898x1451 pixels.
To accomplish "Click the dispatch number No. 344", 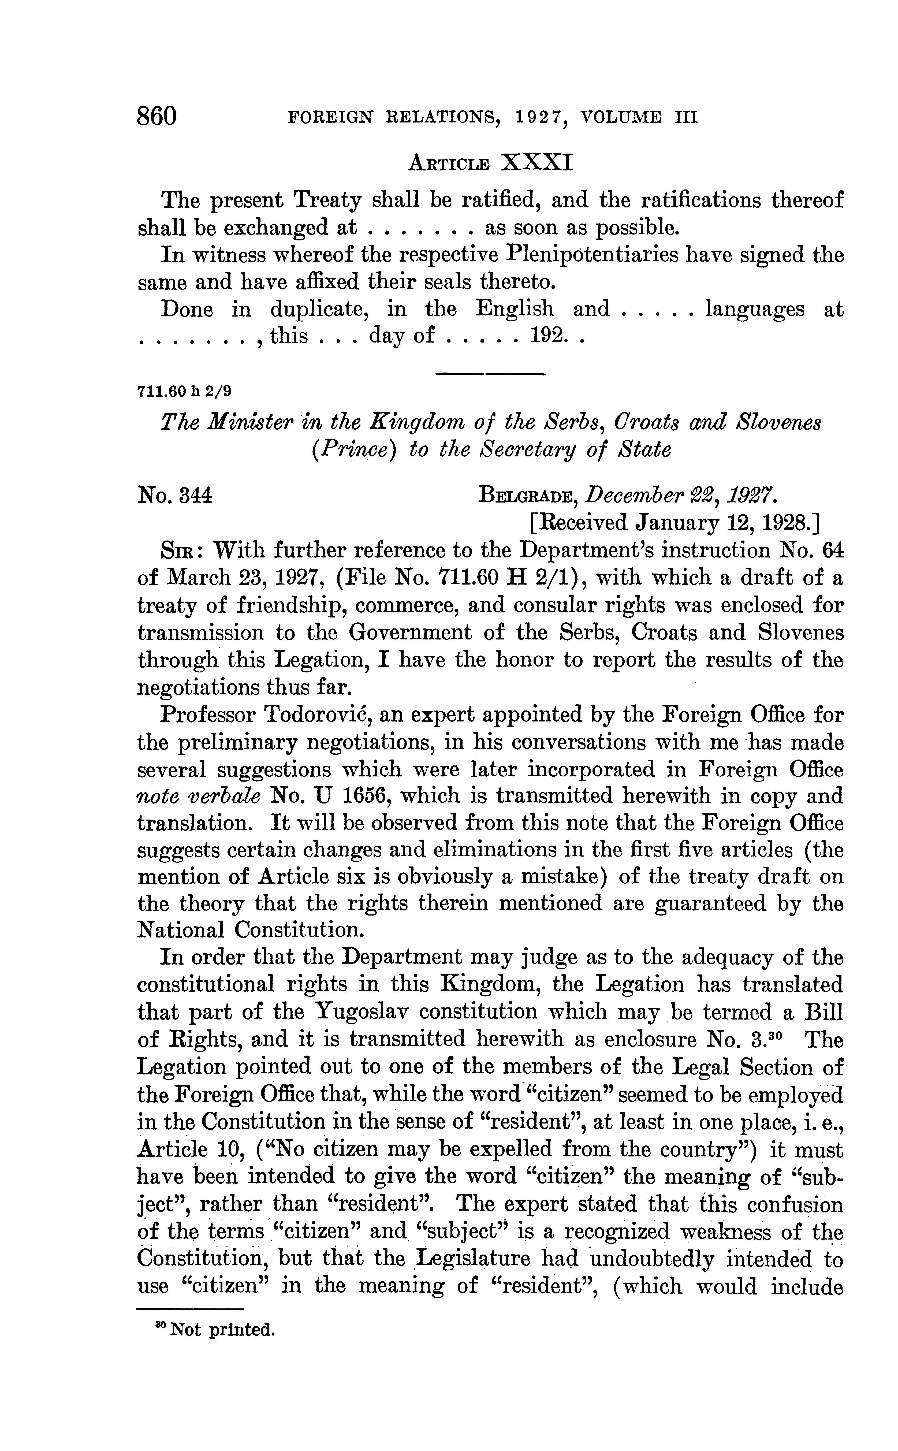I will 175,495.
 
